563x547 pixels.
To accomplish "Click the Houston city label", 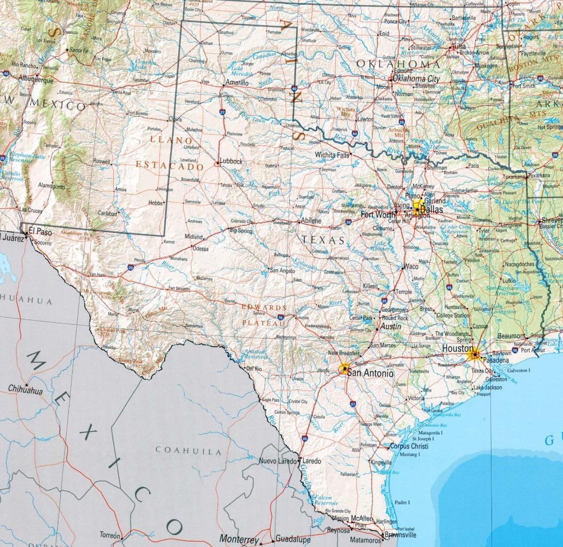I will (x=457, y=349).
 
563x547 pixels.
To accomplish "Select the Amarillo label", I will (x=236, y=83).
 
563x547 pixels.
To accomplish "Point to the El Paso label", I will (x=39, y=231).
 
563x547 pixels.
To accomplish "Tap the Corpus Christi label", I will (x=410, y=446).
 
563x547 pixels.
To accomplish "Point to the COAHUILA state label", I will (x=188, y=451).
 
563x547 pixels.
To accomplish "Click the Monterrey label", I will (x=240, y=539).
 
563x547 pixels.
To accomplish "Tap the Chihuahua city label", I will (x=25, y=391).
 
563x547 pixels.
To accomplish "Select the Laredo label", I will (x=312, y=460).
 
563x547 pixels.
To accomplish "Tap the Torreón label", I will (x=110, y=535).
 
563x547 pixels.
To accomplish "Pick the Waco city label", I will (x=411, y=266).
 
